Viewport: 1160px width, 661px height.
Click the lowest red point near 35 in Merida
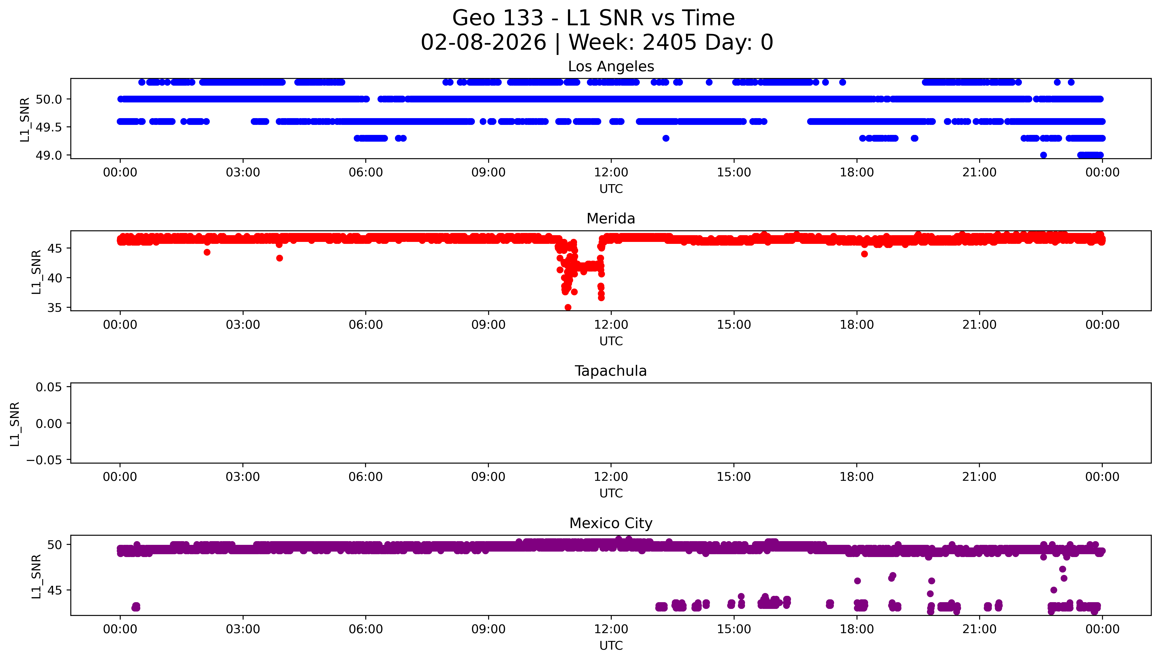click(568, 307)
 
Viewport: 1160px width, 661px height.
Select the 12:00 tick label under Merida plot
click(611, 325)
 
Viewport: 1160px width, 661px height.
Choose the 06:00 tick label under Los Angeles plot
click(366, 173)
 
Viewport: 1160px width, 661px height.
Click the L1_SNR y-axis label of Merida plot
click(36, 272)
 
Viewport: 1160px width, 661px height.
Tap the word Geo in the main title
click(474, 19)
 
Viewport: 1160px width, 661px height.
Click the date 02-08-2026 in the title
click(483, 43)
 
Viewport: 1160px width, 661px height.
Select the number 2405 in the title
click(669, 43)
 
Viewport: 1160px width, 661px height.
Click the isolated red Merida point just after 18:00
click(864, 254)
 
